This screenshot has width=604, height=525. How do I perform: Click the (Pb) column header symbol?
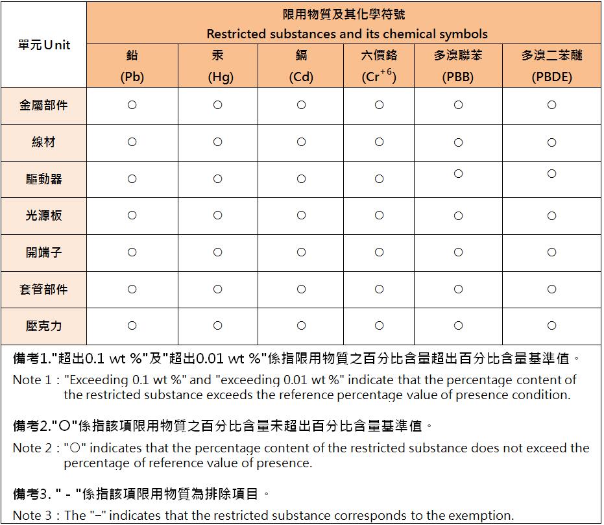[132, 77]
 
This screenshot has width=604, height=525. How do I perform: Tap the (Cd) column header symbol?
[301, 77]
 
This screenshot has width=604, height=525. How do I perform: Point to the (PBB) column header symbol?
[458, 77]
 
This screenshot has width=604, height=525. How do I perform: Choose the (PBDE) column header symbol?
[551, 77]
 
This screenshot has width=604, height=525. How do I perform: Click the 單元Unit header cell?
[44, 45]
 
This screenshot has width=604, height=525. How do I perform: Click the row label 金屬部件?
[43, 105]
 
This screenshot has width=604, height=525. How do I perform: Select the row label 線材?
[43, 142]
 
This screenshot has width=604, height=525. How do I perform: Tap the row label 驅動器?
[43, 178]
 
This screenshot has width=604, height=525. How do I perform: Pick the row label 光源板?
[43, 215]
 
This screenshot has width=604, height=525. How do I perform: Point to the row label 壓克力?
[43, 326]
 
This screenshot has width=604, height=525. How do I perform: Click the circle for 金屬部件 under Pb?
[132, 105]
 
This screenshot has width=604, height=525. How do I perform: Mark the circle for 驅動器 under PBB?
[458, 174]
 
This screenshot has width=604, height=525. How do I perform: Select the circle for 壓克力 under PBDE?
[551, 326]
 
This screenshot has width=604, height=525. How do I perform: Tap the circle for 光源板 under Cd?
[301, 215]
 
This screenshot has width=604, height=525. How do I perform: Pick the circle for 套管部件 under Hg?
[218, 289]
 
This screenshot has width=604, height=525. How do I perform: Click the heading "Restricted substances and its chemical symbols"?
[347, 34]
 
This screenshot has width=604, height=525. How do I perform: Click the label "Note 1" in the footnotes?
[31, 380]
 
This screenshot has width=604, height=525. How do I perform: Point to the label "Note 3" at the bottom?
[31, 516]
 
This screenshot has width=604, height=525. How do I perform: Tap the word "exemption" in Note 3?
[479, 516]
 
